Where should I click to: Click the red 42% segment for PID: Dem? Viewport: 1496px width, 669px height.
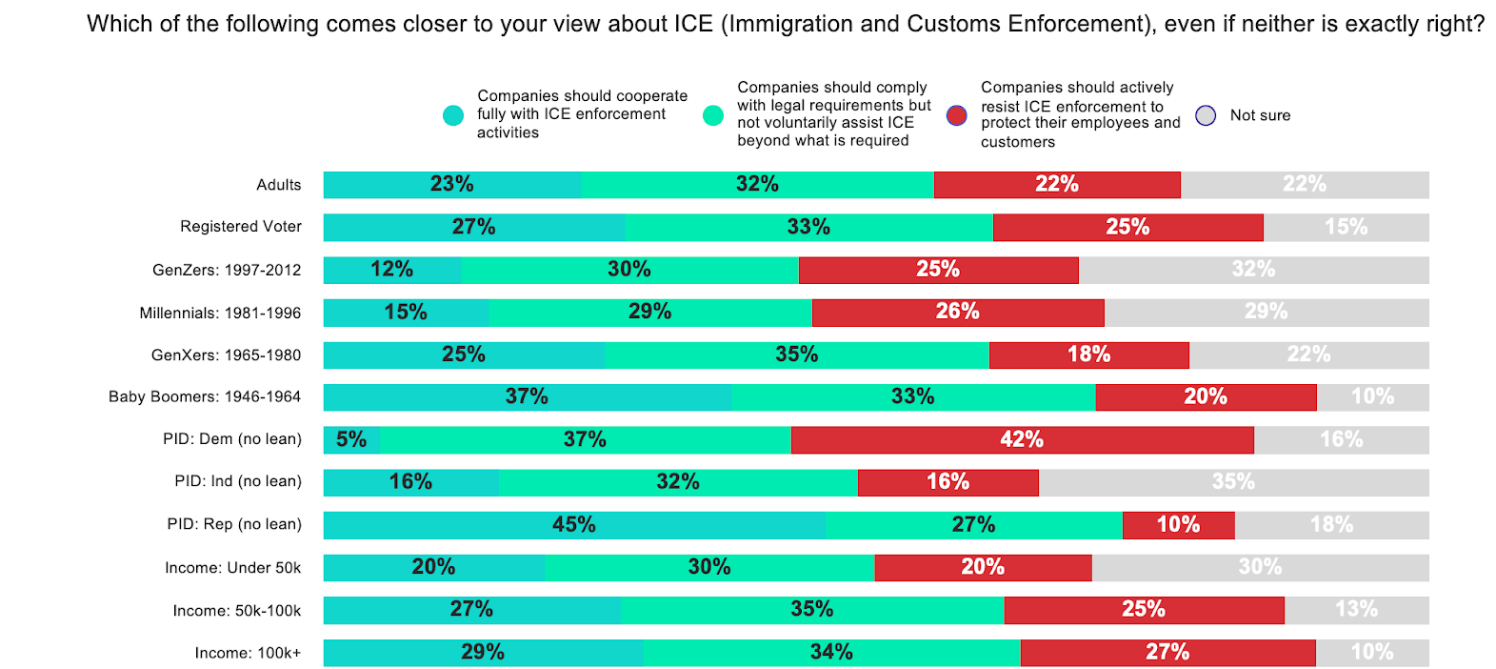(1022, 439)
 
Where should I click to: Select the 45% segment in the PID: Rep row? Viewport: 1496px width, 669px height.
(574, 525)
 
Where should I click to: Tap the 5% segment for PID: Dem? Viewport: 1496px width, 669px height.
(351, 439)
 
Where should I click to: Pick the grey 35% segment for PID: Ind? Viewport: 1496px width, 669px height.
(1233, 482)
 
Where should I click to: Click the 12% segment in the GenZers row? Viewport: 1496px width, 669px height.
(392, 270)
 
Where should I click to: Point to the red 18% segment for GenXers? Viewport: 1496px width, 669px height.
(1088, 355)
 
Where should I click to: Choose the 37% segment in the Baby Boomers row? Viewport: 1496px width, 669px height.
(527, 396)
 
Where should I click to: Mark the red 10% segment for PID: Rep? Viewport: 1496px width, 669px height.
(1178, 525)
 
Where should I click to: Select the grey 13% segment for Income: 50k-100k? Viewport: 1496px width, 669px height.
(1356, 610)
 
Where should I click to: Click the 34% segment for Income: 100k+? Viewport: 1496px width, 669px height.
(831, 653)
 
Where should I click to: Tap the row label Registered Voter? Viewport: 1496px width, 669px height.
(241, 227)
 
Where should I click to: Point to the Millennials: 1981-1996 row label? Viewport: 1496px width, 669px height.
(220, 313)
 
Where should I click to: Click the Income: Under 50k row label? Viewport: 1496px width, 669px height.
(233, 568)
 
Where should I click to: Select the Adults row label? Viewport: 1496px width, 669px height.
(279, 185)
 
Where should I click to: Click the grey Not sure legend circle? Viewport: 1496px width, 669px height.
(1206, 115)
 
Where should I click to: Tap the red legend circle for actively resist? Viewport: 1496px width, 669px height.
(957, 115)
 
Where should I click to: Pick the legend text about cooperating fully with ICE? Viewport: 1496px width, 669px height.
(581, 114)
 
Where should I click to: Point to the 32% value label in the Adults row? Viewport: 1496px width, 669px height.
(757, 184)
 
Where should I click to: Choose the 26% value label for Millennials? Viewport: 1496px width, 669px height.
(957, 312)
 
